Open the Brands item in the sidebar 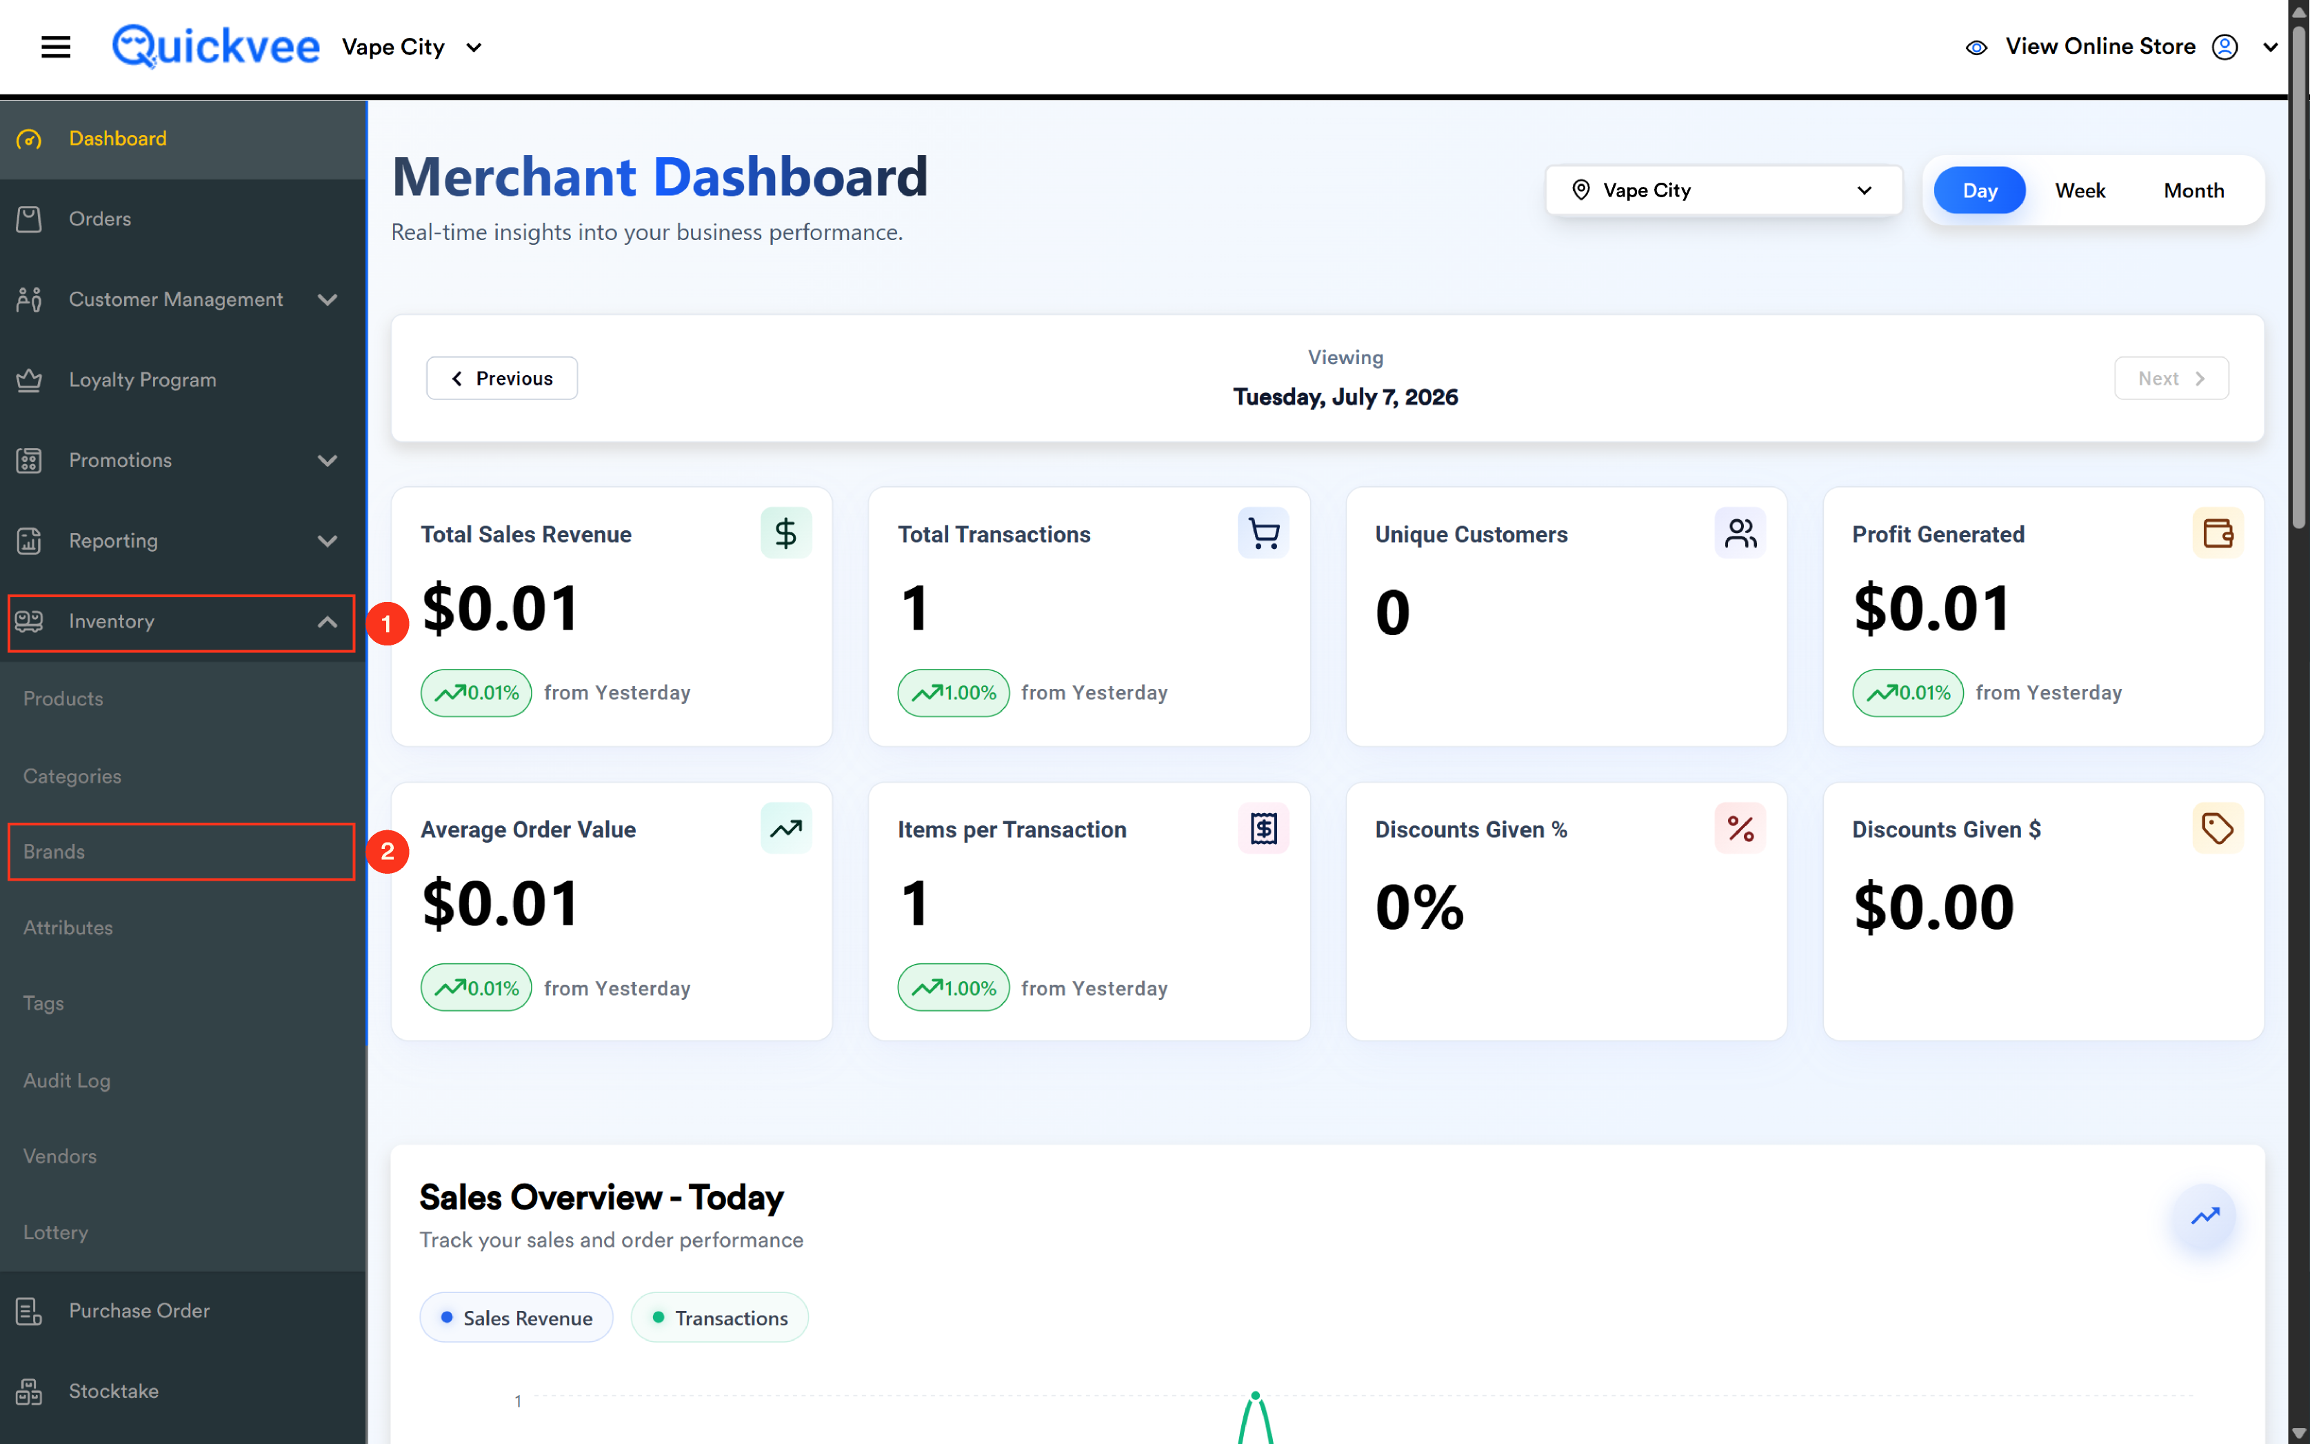(x=54, y=851)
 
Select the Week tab (x=2079, y=190)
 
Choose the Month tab (x=2193, y=190)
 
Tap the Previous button (x=501, y=378)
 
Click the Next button (x=2171, y=378)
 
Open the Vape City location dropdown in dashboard (x=1723, y=190)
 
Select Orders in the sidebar (x=99, y=219)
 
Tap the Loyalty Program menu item (x=142, y=379)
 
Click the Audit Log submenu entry (x=67, y=1080)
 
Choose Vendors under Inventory (x=60, y=1156)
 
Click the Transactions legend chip (x=719, y=1317)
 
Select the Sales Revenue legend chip (x=516, y=1317)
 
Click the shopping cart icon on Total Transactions (x=1263, y=533)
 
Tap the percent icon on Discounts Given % (x=1739, y=828)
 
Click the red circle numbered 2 (x=387, y=851)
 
